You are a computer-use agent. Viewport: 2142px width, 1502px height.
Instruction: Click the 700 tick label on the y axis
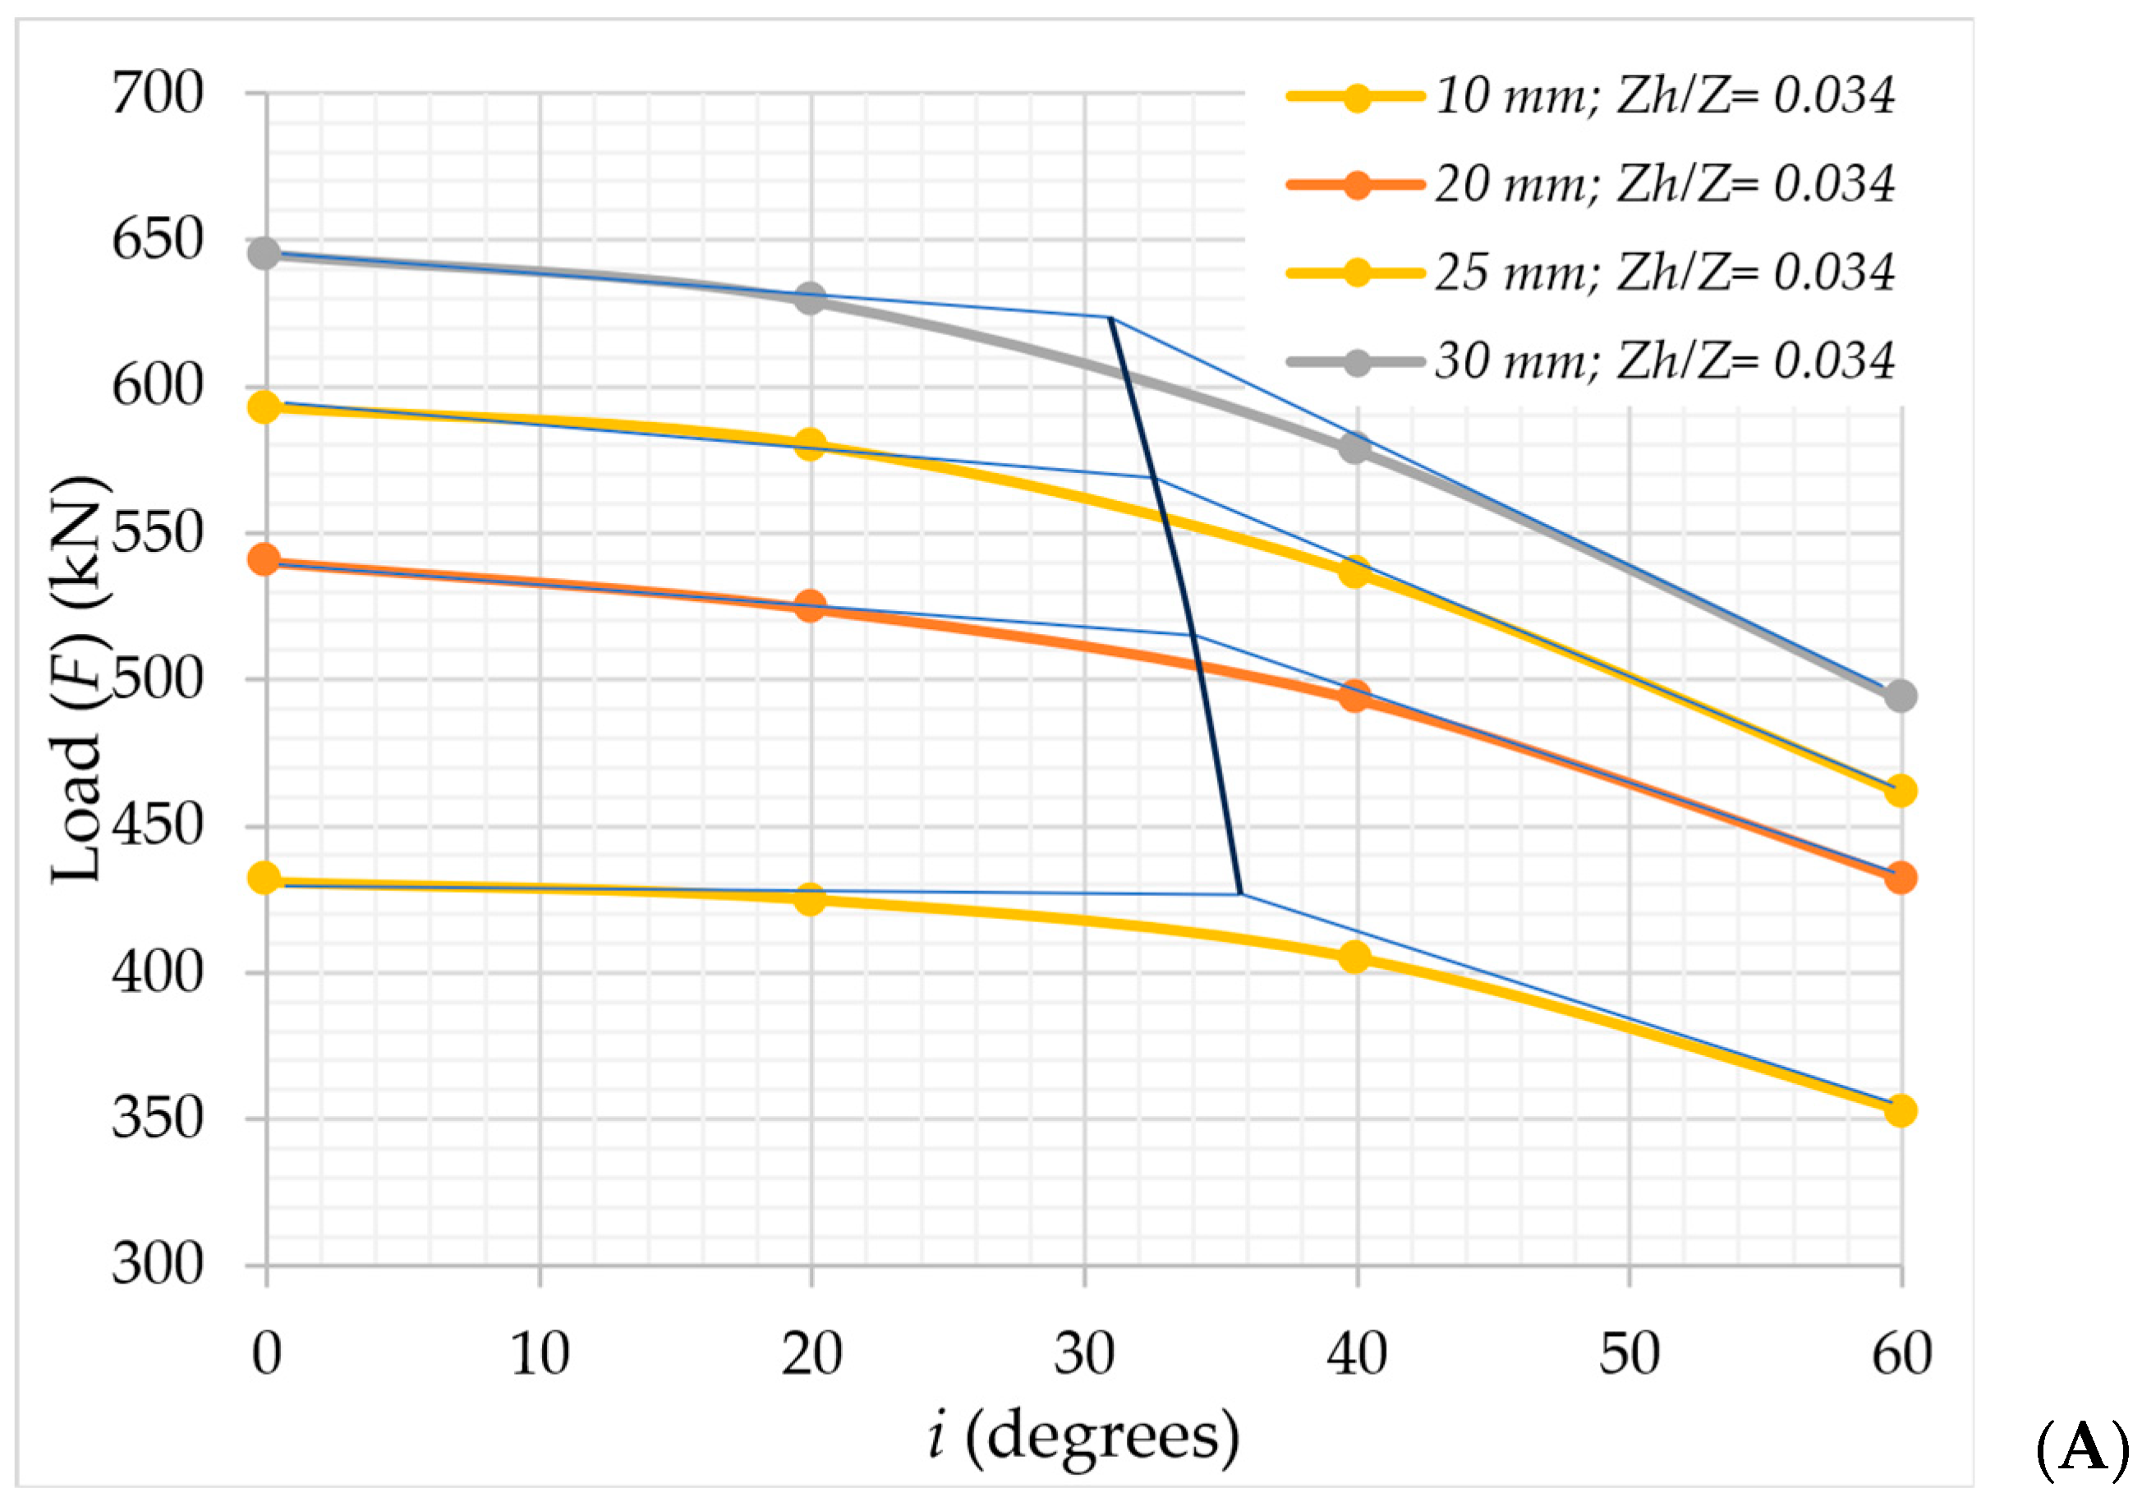[x=157, y=94]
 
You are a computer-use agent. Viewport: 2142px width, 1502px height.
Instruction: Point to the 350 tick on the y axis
[x=157, y=1118]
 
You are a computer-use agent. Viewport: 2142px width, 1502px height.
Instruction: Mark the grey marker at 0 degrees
[x=265, y=253]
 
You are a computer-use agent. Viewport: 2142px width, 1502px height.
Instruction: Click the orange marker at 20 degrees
[x=810, y=606]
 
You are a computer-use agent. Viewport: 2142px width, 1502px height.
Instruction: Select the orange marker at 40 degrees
[x=1354, y=696]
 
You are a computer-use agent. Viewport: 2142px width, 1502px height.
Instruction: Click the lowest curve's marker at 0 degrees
[x=265, y=878]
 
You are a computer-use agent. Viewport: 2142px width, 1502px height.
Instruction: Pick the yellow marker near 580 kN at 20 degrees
[x=810, y=444]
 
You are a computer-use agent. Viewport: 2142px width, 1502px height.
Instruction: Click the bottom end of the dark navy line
[x=1240, y=893]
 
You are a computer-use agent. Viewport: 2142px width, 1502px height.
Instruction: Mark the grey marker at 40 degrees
[x=1354, y=448]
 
